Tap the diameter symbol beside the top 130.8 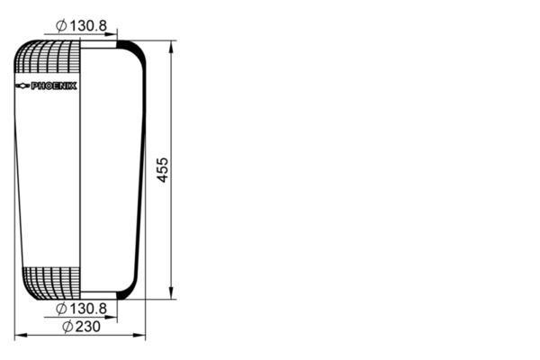[x=60, y=25]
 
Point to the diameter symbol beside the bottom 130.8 [x=60, y=309]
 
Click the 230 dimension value [x=86, y=326]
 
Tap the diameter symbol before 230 [x=67, y=326]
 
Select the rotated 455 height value [x=163, y=169]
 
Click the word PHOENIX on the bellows [x=54, y=85]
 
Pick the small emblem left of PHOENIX [x=22, y=85]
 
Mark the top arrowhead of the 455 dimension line [x=171, y=44]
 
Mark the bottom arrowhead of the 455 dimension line [x=171, y=294]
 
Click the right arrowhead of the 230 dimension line [x=141, y=336]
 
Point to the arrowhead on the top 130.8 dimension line [x=113, y=34]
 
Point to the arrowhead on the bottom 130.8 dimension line [x=113, y=318]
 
